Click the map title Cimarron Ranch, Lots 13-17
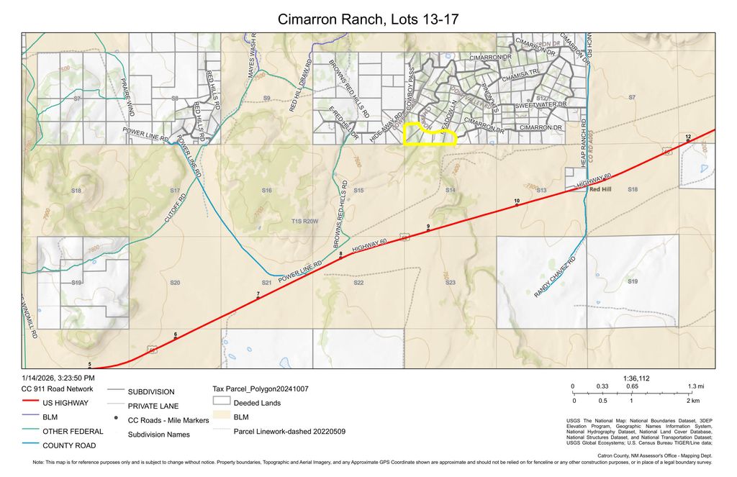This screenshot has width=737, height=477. [x=368, y=19]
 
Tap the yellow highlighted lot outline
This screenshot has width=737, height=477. [x=430, y=135]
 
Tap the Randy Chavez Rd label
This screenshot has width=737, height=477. [x=556, y=278]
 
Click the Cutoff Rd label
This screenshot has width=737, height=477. [x=174, y=207]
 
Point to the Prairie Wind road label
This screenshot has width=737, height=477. [x=127, y=98]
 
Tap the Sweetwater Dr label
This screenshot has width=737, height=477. [x=541, y=105]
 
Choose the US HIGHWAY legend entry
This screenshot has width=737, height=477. [x=65, y=403]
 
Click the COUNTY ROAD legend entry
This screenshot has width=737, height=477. [x=70, y=445]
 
